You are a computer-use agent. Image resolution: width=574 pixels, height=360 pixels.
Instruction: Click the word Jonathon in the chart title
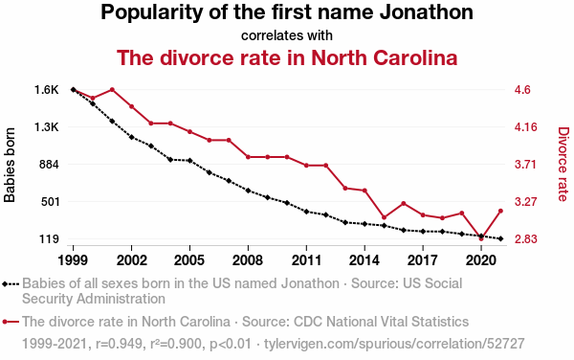pyautogui.click(x=426, y=12)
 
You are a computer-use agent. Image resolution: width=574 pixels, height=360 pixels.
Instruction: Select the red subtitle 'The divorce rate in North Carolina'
pyautogui.click(x=287, y=57)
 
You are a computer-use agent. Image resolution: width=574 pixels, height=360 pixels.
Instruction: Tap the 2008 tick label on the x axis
pyautogui.click(x=248, y=260)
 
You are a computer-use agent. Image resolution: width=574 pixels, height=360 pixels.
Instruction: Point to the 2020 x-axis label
pyautogui.click(x=481, y=260)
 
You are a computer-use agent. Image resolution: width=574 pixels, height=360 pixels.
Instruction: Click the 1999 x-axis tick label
pyautogui.click(x=73, y=260)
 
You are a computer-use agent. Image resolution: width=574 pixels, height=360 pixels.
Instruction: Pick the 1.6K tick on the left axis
pyautogui.click(x=47, y=90)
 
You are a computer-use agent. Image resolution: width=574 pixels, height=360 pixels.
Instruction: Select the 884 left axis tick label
pyautogui.click(x=49, y=165)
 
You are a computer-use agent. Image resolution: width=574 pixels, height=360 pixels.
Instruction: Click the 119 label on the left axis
pyautogui.click(x=49, y=239)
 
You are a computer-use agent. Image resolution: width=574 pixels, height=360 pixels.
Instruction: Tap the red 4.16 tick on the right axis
pyautogui.click(x=525, y=127)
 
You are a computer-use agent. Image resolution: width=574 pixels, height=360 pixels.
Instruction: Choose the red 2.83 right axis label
pyautogui.click(x=525, y=239)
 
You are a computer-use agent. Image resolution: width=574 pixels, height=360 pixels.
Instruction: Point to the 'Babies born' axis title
pyautogui.click(x=10, y=165)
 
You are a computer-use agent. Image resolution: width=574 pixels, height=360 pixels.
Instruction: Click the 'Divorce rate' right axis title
pyautogui.click(x=563, y=164)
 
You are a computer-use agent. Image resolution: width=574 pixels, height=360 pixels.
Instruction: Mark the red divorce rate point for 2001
pyautogui.click(x=112, y=90)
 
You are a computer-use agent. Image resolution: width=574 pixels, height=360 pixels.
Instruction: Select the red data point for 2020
pyautogui.click(x=481, y=238)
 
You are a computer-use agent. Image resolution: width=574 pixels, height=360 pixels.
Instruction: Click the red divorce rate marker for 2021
pyautogui.click(x=500, y=211)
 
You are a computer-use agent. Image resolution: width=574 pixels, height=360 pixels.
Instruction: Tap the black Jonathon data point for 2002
pyautogui.click(x=131, y=137)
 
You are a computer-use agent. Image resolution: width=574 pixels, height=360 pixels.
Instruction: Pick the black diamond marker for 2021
pyautogui.click(x=500, y=238)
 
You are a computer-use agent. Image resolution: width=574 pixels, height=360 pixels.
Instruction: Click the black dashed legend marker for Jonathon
pyautogui.click(x=11, y=283)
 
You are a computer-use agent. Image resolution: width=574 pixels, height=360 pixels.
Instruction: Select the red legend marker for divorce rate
pyautogui.click(x=11, y=322)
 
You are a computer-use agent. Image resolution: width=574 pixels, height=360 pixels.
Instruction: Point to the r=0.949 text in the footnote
pyautogui.click(x=119, y=344)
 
